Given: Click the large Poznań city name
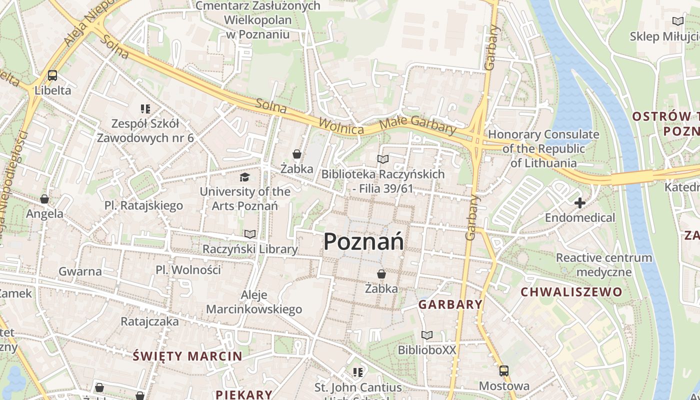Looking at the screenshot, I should coord(363,242).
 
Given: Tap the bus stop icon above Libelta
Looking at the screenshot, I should coord(52,75).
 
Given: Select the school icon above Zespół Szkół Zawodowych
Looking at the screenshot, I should coord(145,108).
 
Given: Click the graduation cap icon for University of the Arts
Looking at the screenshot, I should coord(244,177).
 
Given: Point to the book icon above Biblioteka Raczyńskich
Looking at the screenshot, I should coord(383,159).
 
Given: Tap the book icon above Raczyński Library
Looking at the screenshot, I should coord(250,234).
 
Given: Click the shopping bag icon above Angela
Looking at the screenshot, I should coord(44,199).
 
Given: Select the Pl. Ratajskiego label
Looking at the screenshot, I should coord(143,205).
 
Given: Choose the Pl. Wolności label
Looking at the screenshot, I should coord(188,270).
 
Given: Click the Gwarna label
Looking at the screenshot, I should coord(80,271).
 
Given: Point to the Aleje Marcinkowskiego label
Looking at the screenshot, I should coord(254,302).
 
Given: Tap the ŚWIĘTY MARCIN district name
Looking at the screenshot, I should coord(187,356).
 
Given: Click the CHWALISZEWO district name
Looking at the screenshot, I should coord(571,292).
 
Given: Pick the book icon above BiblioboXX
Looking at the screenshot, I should coord(426,335).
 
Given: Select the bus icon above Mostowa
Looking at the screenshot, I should coord(504,371).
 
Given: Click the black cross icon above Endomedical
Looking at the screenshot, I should coord(580,203).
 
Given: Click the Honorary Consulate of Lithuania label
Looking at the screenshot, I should coord(543,148).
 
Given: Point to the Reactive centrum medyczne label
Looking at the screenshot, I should coord(604,265).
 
